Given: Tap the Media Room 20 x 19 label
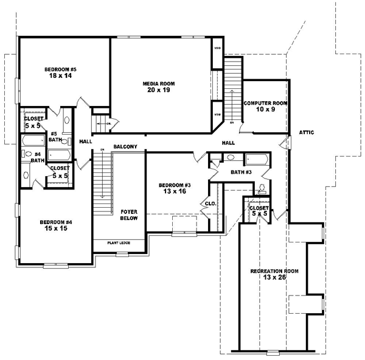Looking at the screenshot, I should [156, 86].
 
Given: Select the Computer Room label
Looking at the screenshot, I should [265, 106].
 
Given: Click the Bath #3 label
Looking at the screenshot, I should [241, 172].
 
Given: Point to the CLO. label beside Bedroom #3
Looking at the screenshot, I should [211, 203].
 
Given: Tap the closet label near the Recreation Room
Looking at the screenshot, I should [259, 211].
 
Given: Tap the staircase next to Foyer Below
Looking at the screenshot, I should [103, 183].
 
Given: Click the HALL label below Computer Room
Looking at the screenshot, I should [228, 143].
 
